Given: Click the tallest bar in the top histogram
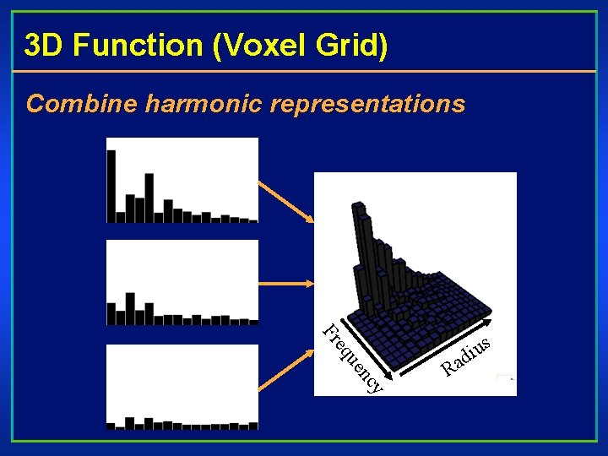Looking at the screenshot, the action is pyautogui.click(x=111, y=184).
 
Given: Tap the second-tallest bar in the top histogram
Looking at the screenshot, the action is pyautogui.click(x=149, y=197).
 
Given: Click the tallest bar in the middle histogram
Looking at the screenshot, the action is pyautogui.click(x=130, y=308).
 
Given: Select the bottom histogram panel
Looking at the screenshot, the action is pyautogui.click(x=182, y=387).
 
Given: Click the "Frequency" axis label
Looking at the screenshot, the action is pyautogui.click(x=353, y=359).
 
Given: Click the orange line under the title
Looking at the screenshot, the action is pyautogui.click(x=304, y=72).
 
